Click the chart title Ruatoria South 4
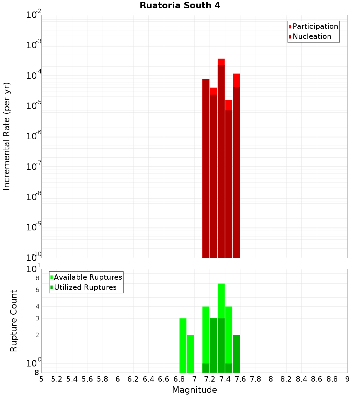tap(180, 5)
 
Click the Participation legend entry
tap(315, 26)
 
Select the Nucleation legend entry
tap(311, 36)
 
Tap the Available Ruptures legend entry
tap(87, 277)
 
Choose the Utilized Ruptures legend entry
tap(85, 287)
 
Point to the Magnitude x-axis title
tap(194, 390)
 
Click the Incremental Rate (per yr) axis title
tap(6, 136)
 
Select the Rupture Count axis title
tap(14, 320)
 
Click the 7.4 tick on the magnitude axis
tap(225, 379)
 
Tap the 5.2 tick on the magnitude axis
tap(57, 379)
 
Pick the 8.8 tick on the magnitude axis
tap(332, 379)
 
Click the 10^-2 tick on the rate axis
tap(34, 15)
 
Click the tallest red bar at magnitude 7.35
tap(221, 158)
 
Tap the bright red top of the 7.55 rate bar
tap(237, 80)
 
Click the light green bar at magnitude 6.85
tap(183, 346)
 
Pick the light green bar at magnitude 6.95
tap(190, 354)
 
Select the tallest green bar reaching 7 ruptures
tap(221, 301)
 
